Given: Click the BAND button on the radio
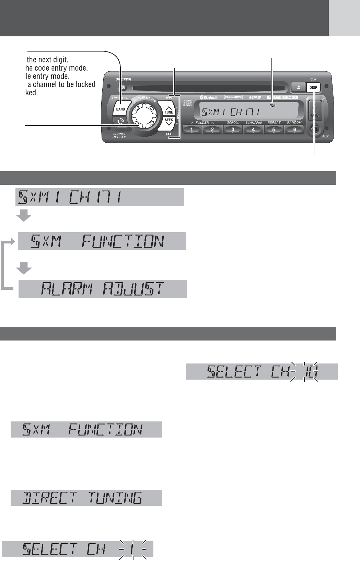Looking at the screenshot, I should (120, 109).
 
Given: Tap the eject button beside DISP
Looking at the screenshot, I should (298, 87).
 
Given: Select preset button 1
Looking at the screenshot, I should (191, 130).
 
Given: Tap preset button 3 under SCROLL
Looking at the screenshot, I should (233, 130).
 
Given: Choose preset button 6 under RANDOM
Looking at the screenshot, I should (294, 130).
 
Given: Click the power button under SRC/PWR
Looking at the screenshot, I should (123, 87).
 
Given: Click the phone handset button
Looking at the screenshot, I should (120, 122).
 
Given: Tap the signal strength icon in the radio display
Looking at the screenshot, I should (272, 105).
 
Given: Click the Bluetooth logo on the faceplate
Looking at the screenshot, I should (209, 97).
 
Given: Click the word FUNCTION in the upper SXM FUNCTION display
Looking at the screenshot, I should (123, 241).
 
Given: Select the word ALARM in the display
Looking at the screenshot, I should (68, 289).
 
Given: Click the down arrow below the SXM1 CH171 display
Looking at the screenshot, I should (24, 216).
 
